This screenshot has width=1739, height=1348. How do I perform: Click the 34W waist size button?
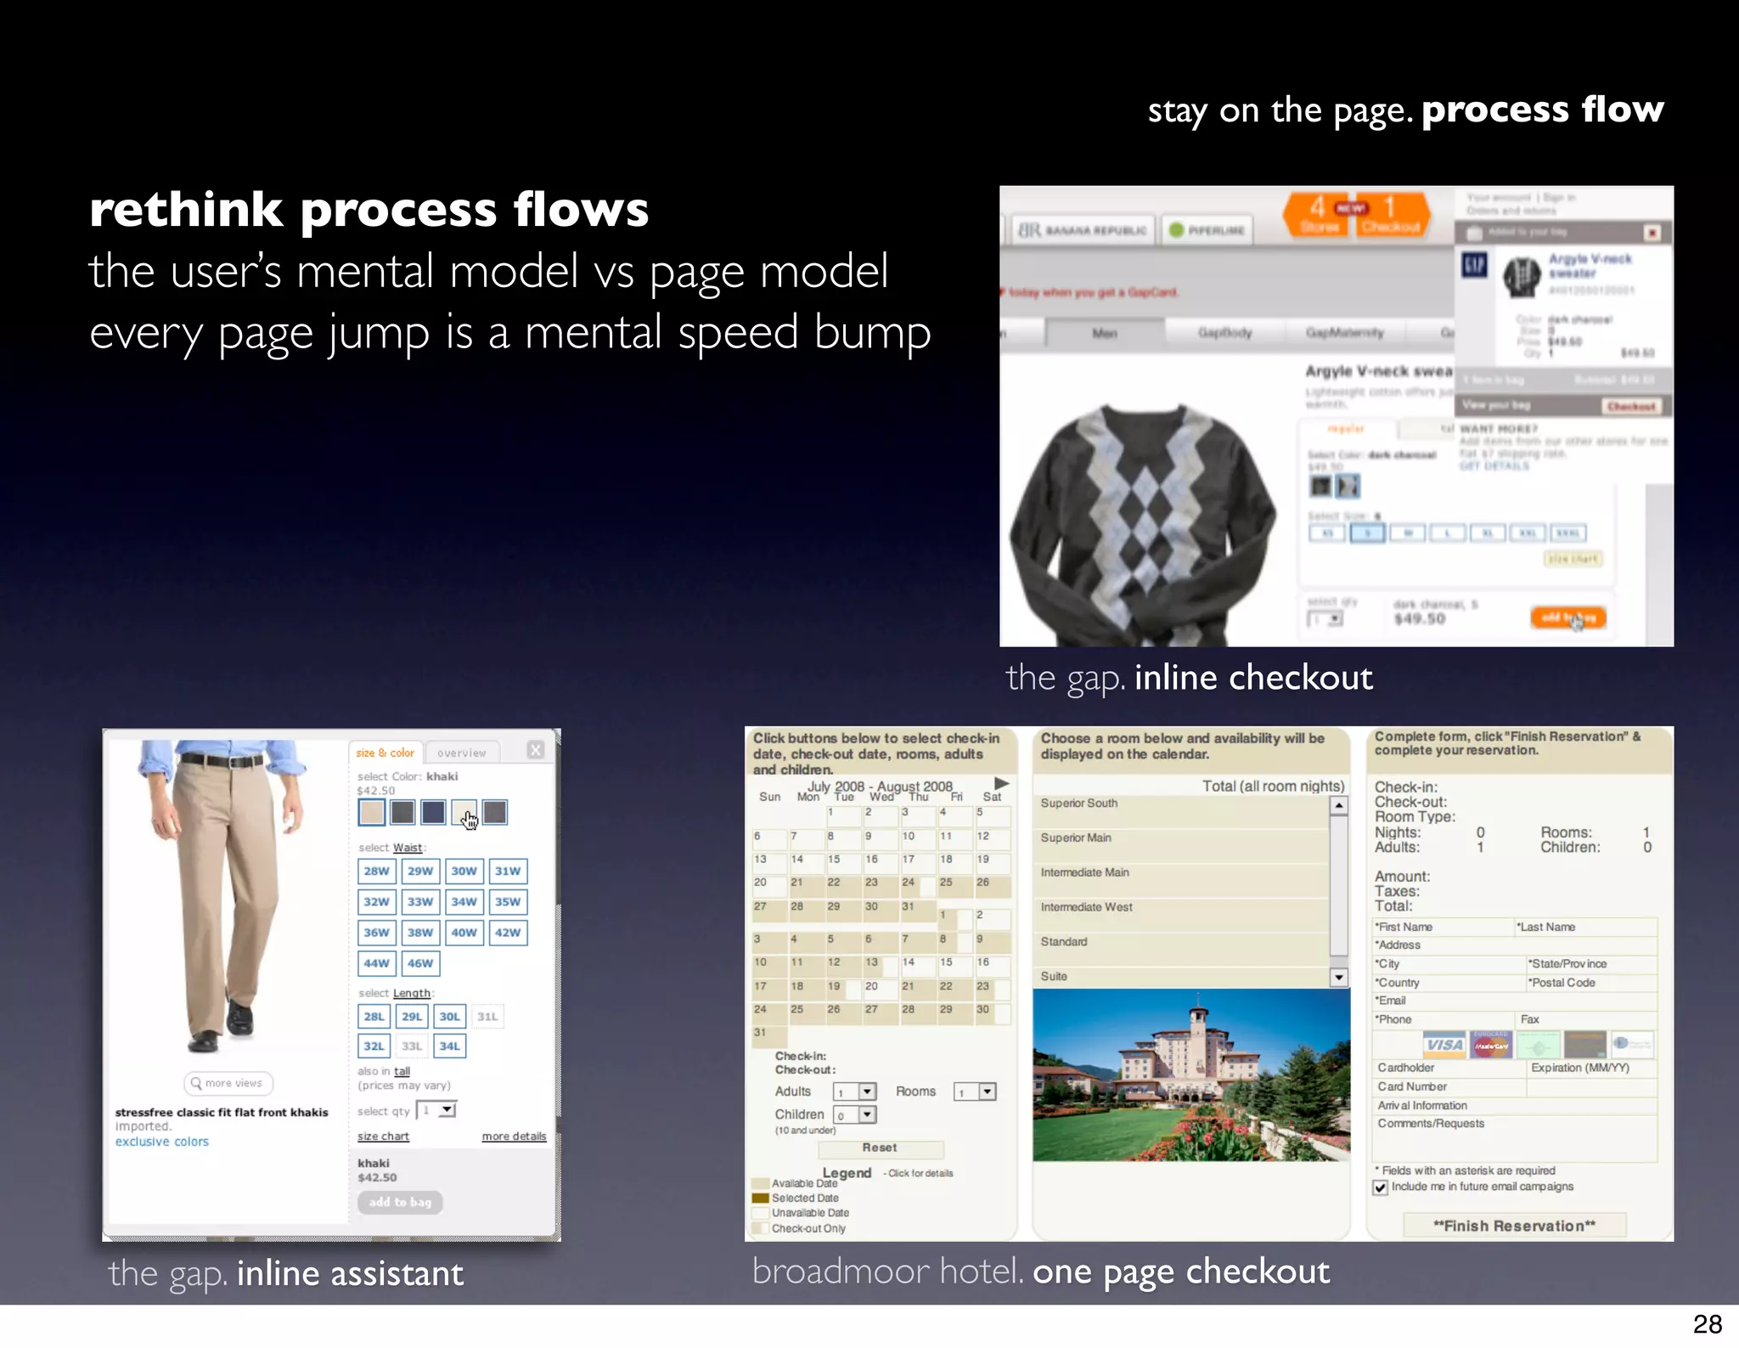pos(464,902)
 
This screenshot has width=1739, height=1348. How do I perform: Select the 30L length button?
pos(449,1017)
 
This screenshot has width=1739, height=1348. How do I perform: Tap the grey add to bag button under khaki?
pos(400,1202)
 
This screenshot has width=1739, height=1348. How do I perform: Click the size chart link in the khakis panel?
pos(383,1136)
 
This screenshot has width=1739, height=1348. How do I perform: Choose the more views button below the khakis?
pos(228,1083)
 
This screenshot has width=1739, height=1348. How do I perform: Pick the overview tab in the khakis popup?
pos(462,753)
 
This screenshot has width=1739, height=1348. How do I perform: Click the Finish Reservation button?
pos(1514,1226)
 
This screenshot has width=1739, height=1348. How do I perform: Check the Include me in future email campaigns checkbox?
pos(1381,1187)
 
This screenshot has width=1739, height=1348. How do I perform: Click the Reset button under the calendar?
pos(880,1148)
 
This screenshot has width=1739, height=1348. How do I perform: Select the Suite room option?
pos(1055,977)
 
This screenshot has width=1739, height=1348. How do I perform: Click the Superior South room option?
pos(1079,804)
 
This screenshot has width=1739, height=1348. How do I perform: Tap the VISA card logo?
pos(1444,1045)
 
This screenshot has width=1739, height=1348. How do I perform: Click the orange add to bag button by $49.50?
pos(1567,618)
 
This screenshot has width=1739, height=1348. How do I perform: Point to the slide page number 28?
pos(1707,1324)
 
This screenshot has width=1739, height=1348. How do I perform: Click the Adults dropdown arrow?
pos(867,1092)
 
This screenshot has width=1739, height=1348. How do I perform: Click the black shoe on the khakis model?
pos(240,1018)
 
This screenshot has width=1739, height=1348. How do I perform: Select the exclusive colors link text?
pos(162,1142)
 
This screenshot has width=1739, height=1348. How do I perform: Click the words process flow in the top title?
pos(1542,110)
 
